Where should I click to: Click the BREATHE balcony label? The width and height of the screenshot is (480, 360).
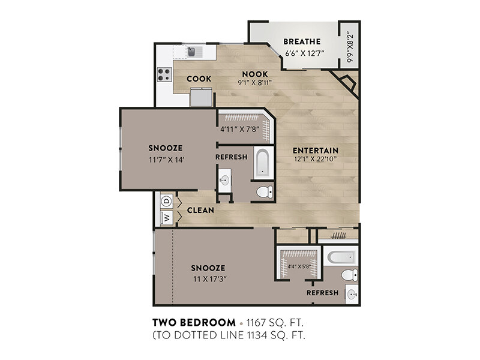pos(302,41)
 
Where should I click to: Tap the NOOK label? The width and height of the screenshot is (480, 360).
pos(255,74)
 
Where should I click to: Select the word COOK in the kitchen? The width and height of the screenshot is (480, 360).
pos(199,79)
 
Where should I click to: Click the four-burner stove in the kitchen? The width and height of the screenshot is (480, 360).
pos(164,74)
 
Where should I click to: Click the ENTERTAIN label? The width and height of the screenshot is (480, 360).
pos(316,151)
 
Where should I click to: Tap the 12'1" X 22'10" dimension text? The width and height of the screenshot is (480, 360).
pos(316,159)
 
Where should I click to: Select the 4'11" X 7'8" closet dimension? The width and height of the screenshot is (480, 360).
pos(240,129)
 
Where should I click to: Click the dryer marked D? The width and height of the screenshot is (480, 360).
pos(167,201)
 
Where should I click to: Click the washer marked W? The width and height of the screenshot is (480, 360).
pos(167,218)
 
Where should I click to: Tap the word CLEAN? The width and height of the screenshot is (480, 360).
pos(200,211)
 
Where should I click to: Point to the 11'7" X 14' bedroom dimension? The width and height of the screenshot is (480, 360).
pos(167,160)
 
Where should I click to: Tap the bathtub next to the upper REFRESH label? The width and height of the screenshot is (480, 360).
pos(263,163)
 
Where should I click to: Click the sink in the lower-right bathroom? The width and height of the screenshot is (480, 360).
pos(352,295)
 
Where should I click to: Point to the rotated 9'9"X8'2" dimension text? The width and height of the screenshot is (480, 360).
pos(350,47)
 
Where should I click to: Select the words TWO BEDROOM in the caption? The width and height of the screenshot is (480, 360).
pos(194,322)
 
